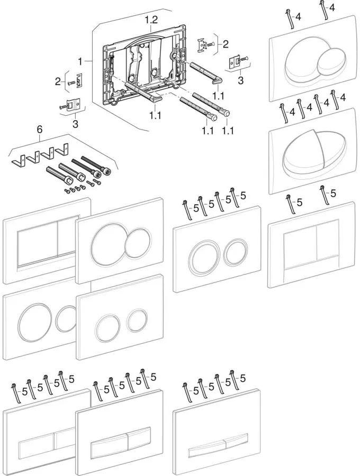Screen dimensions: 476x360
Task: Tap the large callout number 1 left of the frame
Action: tap(81, 62)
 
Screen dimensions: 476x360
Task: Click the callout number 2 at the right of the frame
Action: tap(226, 44)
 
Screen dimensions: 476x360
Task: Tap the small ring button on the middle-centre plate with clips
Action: tap(233, 252)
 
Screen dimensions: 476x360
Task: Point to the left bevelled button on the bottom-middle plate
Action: tap(110, 446)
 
